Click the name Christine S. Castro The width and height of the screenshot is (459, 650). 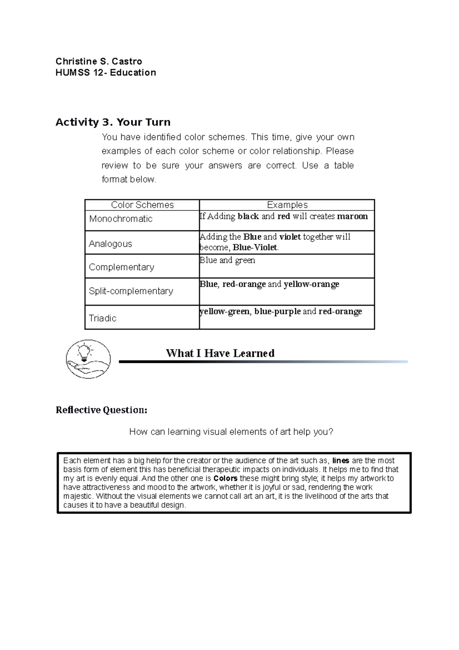tap(99, 61)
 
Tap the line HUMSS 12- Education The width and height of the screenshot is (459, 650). tap(106, 73)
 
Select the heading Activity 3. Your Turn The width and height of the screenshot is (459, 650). tap(113, 122)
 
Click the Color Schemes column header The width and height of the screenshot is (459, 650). tap(142, 205)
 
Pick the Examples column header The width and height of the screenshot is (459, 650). tap(287, 205)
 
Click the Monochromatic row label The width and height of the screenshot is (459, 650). tap(120, 219)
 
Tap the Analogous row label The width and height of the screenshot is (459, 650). tap(110, 244)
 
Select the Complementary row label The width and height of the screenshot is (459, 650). tap(121, 267)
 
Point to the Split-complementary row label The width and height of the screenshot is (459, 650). tap(131, 291)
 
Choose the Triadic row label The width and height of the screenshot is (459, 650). tap(103, 318)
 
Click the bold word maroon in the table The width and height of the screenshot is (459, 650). tap(352, 216)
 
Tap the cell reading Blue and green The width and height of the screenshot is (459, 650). tap(227, 260)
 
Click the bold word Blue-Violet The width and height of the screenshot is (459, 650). tap(255, 248)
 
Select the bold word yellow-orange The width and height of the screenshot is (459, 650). tap(311, 284)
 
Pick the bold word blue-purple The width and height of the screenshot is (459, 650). tap(277, 311)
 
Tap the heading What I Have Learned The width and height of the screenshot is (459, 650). tap(220, 353)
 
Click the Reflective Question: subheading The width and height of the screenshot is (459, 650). tap(101, 410)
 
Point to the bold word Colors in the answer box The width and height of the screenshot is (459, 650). tap(226, 479)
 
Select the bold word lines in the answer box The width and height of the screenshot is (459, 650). tap(340, 461)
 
